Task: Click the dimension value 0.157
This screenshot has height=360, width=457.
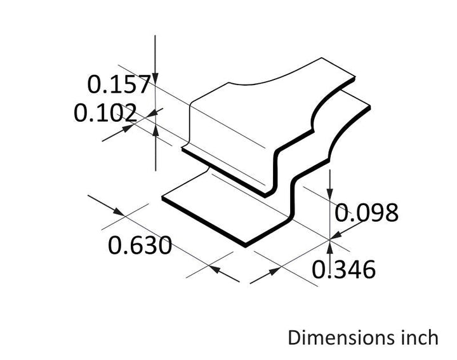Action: pos(119,84)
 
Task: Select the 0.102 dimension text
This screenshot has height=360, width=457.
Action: pos(105,112)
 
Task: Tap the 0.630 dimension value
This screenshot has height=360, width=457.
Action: pos(140,246)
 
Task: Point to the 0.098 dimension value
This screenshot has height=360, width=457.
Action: pos(366,213)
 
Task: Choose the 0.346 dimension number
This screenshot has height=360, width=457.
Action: pos(343,269)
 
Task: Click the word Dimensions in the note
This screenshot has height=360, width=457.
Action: pos(339,338)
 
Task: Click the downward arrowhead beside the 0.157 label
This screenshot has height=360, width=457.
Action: pos(156,78)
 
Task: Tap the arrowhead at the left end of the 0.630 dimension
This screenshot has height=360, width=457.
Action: pos(119,211)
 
